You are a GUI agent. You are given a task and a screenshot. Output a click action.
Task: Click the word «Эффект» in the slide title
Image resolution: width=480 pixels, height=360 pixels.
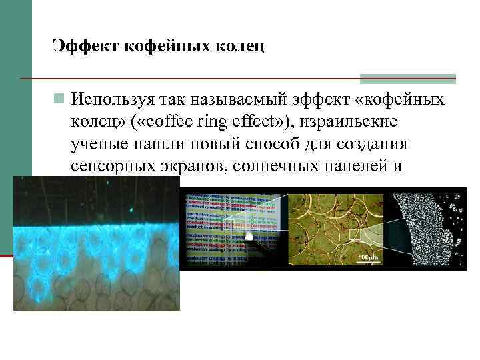[79, 46]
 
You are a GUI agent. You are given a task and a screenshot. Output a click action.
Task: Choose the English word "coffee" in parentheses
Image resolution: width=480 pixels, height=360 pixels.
[200, 122]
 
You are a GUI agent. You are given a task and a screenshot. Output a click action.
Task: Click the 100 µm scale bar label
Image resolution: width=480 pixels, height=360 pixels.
[369, 257]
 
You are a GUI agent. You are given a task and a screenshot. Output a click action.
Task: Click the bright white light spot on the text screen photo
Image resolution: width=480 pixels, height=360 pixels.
[250, 237]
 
